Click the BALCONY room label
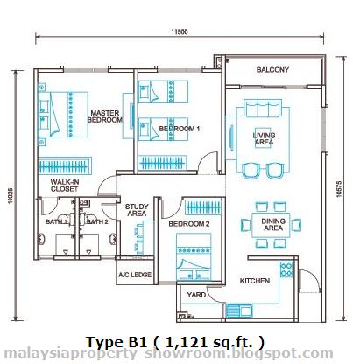coord(272,70)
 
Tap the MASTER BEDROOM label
coord(105,116)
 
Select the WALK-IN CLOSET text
coord(65,185)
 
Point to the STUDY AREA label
coord(137,210)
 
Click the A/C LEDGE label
coord(135,275)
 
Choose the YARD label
coord(196,295)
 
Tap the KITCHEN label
coord(255,281)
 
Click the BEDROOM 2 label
coord(189,224)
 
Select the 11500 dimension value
coord(180,31)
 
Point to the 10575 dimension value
coord(339,189)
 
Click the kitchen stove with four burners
coord(286,269)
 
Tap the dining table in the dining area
coord(272,225)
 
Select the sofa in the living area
coord(263,108)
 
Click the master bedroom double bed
coord(63,115)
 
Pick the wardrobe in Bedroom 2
coord(203,207)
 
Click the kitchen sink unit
coord(239,311)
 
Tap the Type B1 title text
coord(116,342)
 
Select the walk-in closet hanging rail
coord(65,166)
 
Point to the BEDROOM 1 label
coord(180,129)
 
